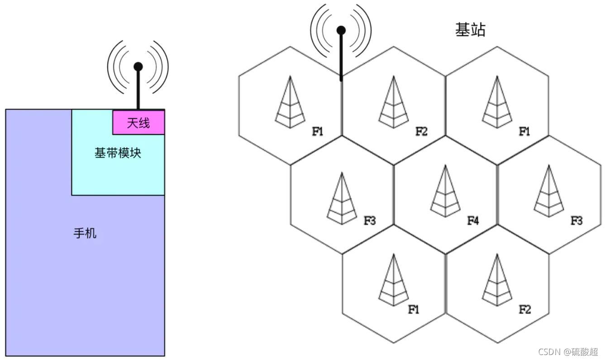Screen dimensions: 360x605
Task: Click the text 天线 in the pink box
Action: tap(138, 122)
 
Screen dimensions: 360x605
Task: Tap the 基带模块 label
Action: tap(118, 153)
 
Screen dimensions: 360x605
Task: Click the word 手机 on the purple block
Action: tap(85, 234)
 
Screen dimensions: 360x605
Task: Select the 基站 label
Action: tap(470, 30)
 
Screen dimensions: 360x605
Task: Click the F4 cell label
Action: tap(473, 221)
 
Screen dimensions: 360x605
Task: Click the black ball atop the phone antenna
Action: tap(138, 67)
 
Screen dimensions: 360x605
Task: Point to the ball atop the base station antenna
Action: tap(341, 30)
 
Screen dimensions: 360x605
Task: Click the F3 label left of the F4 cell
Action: tap(370, 221)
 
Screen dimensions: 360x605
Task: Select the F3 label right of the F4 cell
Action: tap(576, 221)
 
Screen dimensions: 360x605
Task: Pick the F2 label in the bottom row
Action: tap(524, 310)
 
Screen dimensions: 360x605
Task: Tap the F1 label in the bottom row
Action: tap(414, 310)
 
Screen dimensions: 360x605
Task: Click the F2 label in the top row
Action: tap(421, 132)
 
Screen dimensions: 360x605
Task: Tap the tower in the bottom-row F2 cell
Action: tap(497, 280)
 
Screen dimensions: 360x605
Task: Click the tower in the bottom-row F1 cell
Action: tap(393, 280)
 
